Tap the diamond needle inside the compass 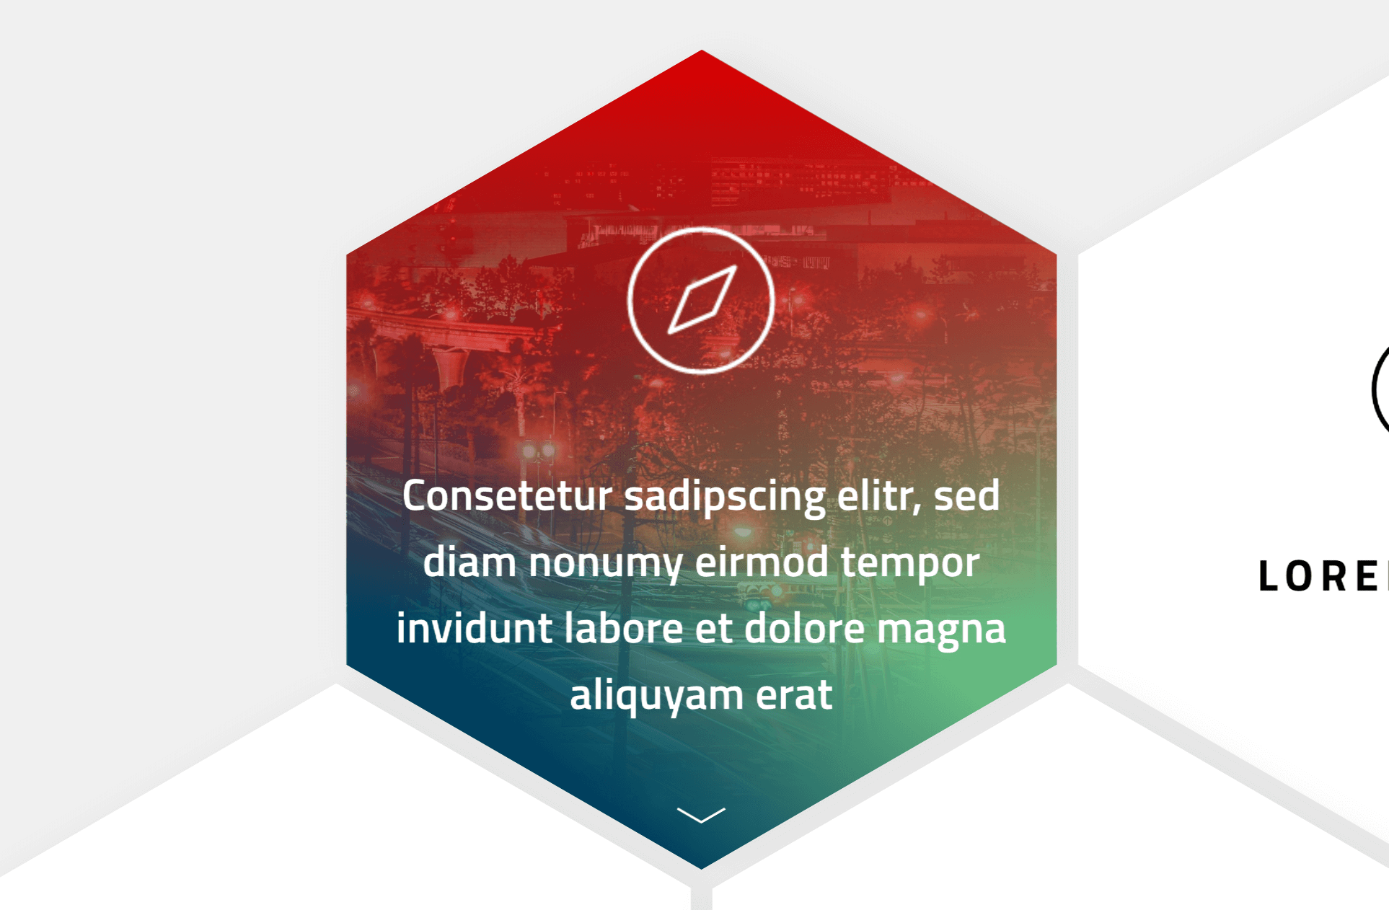pos(702,300)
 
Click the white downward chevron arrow pos(701,815)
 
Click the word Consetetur pos(507,497)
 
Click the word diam pos(469,563)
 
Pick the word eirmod pos(762,563)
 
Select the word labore pos(623,629)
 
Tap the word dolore pos(804,629)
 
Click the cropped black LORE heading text pos(1322,577)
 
